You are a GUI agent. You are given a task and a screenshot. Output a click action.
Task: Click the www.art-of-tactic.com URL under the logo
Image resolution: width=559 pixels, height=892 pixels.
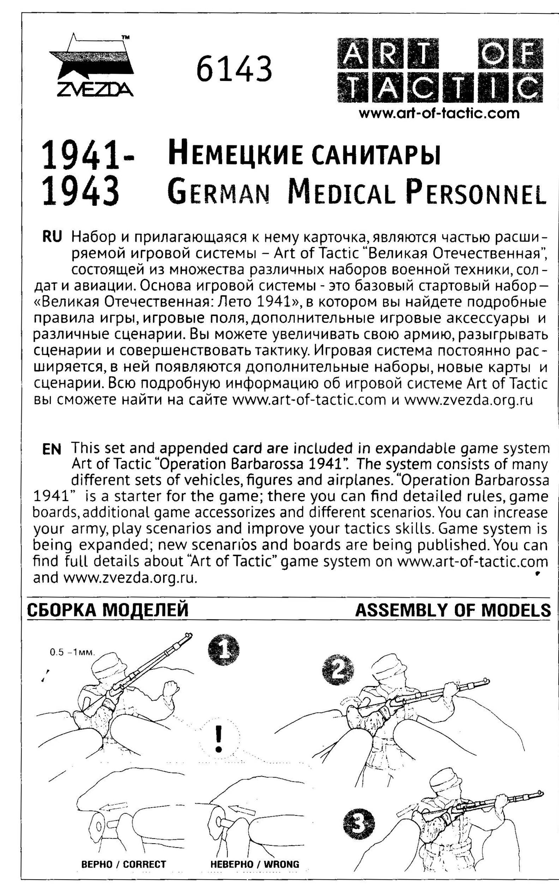coord(439,113)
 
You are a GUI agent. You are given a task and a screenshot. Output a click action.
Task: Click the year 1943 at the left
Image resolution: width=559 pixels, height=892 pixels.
coord(80,192)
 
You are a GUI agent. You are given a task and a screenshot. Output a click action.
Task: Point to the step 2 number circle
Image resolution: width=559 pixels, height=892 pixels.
coord(338,671)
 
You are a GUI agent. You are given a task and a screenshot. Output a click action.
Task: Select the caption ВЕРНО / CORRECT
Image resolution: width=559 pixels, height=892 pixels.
coord(123,864)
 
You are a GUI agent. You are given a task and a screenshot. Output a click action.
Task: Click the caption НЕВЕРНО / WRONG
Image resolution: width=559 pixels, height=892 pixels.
coord(254,864)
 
